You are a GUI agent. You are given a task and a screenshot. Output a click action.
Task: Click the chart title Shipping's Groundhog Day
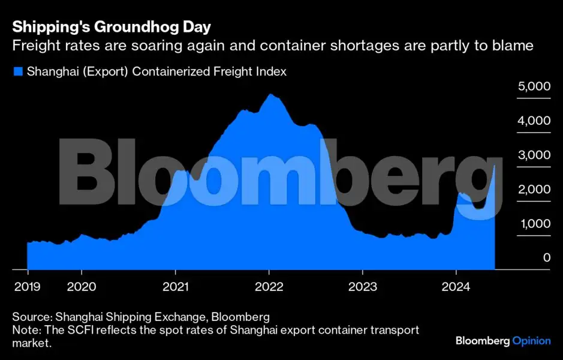pyautogui.click(x=112, y=28)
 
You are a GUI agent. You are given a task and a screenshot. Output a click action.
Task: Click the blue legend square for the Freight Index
pyautogui.click(x=18, y=72)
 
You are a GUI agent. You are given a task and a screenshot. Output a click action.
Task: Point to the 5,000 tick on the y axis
pyautogui.click(x=533, y=86)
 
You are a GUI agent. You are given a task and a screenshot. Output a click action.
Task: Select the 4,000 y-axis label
pyautogui.click(x=533, y=121)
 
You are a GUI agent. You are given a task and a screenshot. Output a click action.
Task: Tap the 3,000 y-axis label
pyautogui.click(x=533, y=155)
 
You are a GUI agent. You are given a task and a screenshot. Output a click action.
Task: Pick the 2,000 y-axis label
pyautogui.click(x=533, y=189)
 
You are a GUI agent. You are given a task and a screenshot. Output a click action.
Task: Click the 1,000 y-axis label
pyautogui.click(x=533, y=223)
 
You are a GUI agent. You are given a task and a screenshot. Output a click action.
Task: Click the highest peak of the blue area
pyautogui.click(x=270, y=94)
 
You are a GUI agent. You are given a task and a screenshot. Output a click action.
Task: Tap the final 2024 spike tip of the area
pyautogui.click(x=494, y=165)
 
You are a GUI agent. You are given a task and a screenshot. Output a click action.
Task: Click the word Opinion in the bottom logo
pyautogui.click(x=531, y=341)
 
